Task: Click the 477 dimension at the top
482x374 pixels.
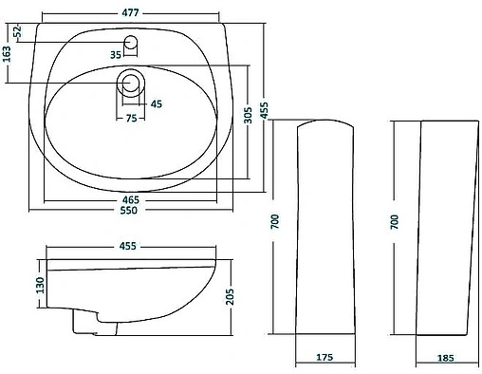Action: click(131, 11)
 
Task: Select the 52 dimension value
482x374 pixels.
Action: click(17, 32)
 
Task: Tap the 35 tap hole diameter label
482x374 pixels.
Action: click(116, 55)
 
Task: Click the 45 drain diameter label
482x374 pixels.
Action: click(156, 103)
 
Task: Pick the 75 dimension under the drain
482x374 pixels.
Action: click(131, 119)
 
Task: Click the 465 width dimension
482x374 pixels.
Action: click(131, 199)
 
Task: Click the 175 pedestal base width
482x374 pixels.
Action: click(324, 360)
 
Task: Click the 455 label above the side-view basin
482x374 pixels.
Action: click(128, 246)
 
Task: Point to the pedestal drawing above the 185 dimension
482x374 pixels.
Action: click(445, 228)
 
